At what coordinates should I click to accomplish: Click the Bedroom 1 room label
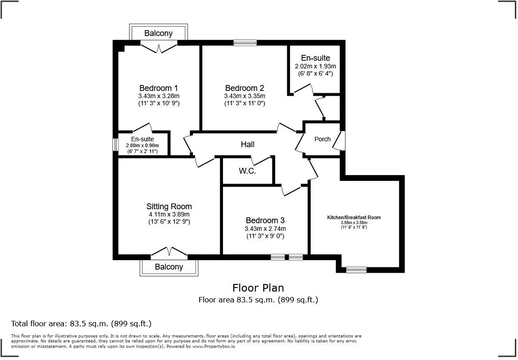158,88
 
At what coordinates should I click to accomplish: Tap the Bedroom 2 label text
244,88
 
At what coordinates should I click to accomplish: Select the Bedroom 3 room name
265,220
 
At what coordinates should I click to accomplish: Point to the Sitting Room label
169,207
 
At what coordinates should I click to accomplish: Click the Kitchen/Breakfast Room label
354,217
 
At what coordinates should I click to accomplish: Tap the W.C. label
247,171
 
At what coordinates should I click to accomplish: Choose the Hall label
247,144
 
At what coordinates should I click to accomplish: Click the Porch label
322,139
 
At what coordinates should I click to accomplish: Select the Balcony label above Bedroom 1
158,33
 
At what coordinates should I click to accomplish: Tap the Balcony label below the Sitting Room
169,267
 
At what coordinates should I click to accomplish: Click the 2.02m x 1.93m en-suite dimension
315,66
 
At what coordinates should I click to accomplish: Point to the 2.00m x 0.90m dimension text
142,146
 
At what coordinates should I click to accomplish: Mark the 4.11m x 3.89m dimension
169,214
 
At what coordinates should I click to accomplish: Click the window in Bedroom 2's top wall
245,43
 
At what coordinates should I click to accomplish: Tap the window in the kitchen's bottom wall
356,270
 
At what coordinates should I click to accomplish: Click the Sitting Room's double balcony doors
169,252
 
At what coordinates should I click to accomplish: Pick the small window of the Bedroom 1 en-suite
115,144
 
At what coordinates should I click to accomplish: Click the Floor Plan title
258,288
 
